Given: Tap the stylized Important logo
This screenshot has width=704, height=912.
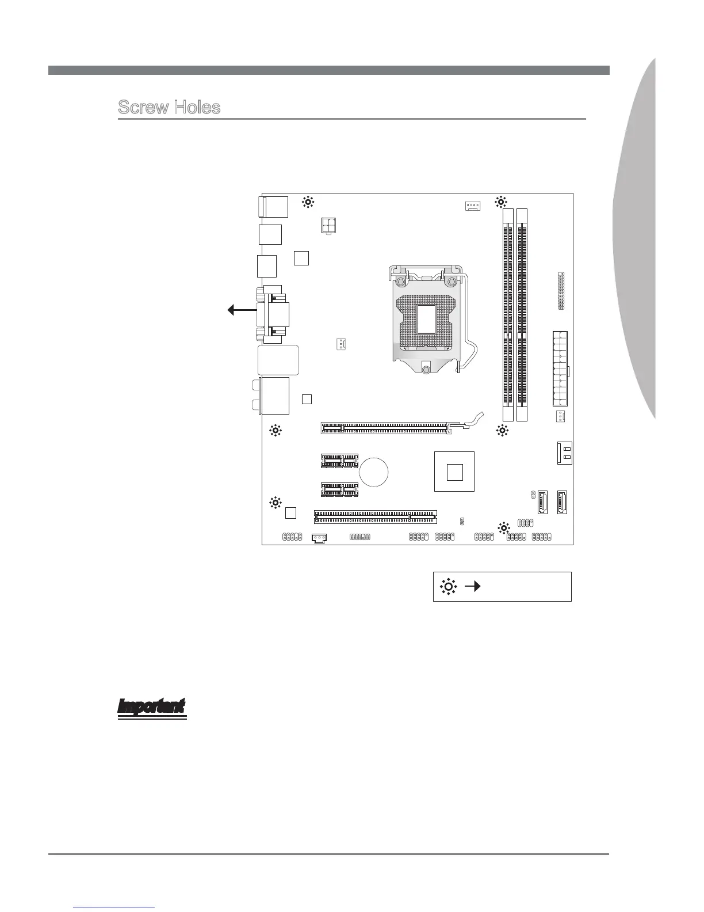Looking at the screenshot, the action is pos(152,708).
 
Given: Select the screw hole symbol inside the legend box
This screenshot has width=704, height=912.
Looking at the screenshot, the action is pos(448,587).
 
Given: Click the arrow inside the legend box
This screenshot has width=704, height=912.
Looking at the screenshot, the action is pos(472,587).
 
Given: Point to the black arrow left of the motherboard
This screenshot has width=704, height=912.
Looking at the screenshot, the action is pos(242,310).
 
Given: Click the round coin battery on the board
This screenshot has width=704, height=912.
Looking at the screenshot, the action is pos(374,472).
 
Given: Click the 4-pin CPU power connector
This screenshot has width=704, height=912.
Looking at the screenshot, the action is pos(329,225).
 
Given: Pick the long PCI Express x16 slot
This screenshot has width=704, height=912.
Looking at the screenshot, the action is pos(384,428).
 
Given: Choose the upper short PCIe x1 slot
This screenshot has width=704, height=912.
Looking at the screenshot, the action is pos(339,461).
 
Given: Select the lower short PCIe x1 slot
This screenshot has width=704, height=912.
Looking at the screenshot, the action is pos(339,489).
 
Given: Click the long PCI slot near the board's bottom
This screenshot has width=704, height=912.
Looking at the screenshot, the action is pos(375,516).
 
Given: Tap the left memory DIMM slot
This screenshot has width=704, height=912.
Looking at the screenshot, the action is pos(507,314).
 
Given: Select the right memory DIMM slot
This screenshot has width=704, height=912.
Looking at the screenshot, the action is pos(522,314).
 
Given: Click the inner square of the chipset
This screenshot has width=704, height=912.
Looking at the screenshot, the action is pos(454,472).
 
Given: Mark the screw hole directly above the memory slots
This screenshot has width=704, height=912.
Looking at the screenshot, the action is pos(501,202).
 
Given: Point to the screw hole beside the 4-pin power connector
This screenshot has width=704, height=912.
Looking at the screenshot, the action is pos(308,202).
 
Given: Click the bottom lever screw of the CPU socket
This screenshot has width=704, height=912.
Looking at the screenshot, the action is pos(425,369).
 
